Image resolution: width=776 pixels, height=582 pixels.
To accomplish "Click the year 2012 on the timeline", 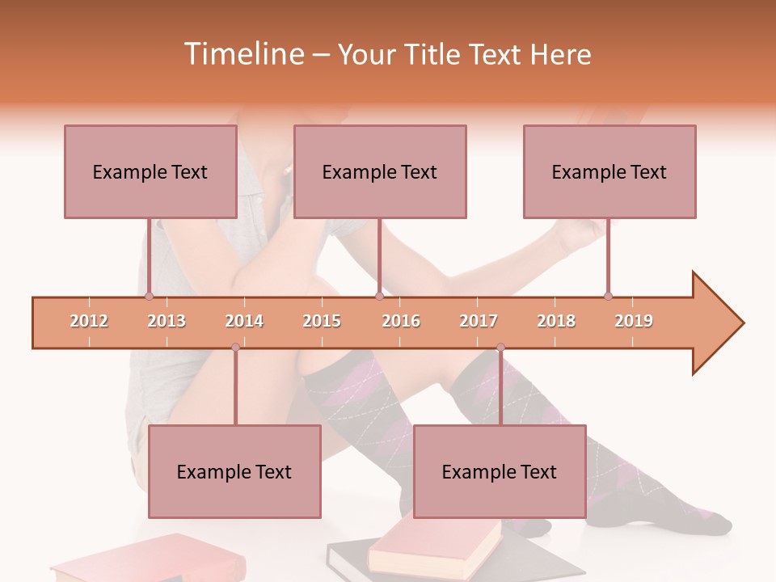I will (89, 321).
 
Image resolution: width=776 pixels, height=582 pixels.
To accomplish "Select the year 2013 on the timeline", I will (167, 321).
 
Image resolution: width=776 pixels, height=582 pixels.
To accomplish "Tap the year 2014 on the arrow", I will (244, 321).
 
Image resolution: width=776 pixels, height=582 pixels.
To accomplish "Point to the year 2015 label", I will (322, 321).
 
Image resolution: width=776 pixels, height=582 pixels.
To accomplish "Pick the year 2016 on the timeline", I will (401, 321).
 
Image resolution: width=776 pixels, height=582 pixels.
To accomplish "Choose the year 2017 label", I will (479, 321).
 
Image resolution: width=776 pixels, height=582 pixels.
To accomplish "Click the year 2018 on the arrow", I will (556, 321).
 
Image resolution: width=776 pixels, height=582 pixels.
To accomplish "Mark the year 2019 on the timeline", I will (634, 321).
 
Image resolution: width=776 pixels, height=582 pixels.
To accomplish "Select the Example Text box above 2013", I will (150, 171).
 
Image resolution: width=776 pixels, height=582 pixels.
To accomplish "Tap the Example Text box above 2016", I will (380, 171).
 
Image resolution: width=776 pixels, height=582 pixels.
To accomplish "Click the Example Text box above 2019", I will (609, 171).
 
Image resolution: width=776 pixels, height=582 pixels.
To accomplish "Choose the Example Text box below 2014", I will (234, 471).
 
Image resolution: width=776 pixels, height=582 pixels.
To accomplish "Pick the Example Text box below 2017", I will (500, 471).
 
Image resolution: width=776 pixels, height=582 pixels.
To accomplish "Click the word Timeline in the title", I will (242, 54).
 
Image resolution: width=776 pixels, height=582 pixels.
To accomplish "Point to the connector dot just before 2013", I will (149, 297).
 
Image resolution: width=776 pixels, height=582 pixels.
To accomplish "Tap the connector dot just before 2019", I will (608, 296).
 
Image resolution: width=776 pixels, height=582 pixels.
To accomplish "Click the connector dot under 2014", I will (235, 347).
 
